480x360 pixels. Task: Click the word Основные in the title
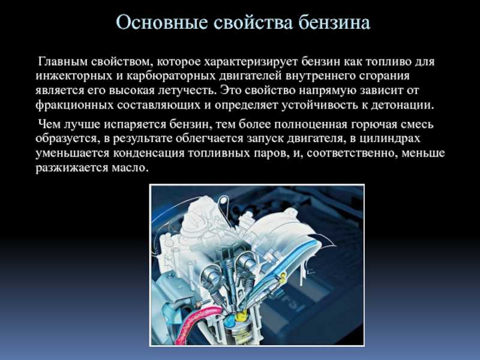158,22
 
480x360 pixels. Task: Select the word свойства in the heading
249,22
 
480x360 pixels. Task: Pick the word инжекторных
74,76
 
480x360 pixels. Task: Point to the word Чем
49,125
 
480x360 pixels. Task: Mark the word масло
130,168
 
